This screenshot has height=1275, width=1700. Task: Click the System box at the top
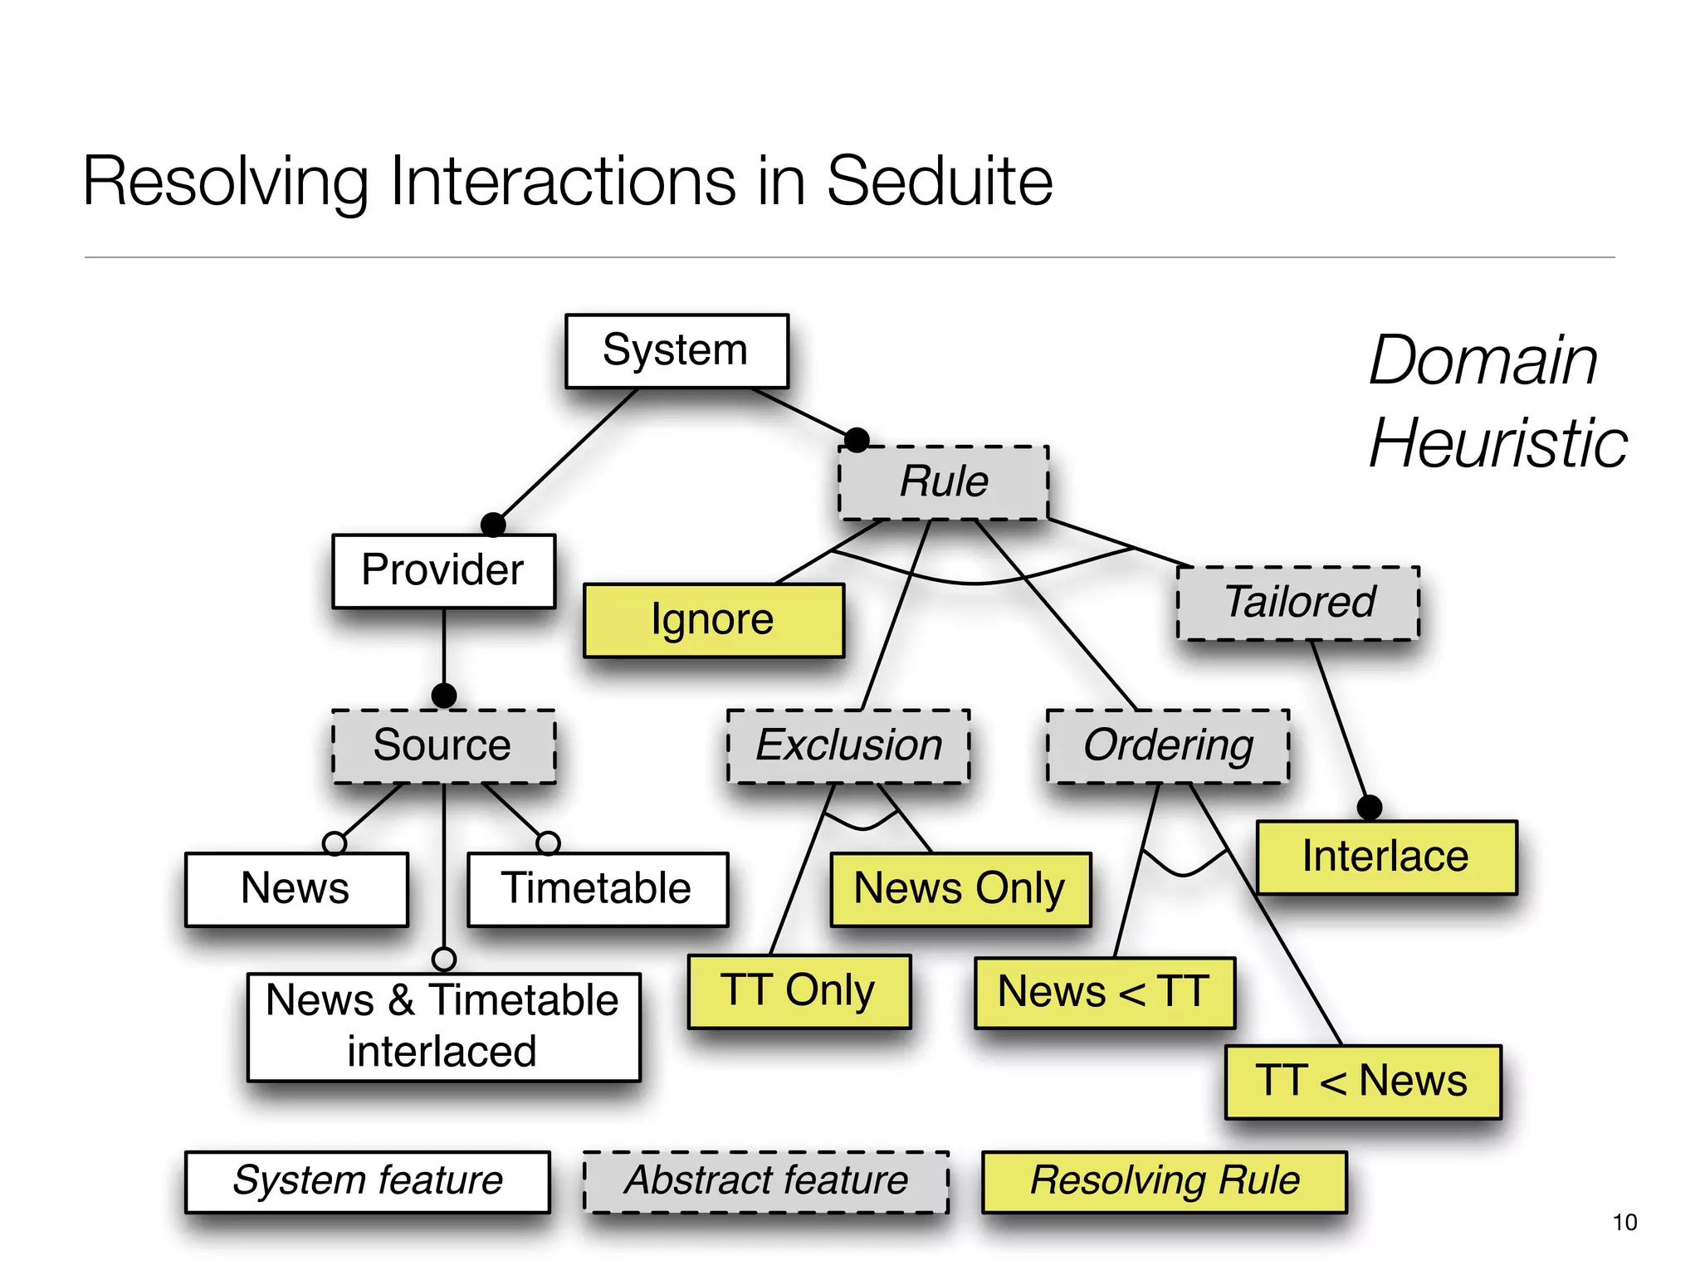coord(677,350)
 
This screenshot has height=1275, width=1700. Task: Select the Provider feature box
coord(443,571)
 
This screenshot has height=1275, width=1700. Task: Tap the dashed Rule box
coord(943,482)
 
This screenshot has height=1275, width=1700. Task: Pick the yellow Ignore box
coord(713,620)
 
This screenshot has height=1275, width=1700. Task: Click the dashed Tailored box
coord(1298,603)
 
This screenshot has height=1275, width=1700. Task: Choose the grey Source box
coord(443,745)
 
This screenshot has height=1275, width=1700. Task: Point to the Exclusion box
coord(848,745)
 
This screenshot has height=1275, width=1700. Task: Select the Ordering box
coord(1168,745)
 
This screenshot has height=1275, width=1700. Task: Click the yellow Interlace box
coord(1386,857)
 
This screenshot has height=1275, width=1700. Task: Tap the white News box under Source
coord(296,889)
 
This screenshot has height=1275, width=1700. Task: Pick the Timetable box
coord(597,889)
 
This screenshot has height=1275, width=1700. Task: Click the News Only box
coord(960,889)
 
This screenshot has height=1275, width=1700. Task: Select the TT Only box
coord(799,991)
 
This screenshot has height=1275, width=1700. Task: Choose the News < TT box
coord(1104,993)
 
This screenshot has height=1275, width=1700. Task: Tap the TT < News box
coord(1362,1082)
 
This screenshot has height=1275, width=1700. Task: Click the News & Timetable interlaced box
coord(443,1027)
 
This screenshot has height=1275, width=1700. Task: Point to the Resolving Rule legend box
coord(1164,1181)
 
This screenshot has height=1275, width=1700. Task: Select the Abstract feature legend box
coord(766,1181)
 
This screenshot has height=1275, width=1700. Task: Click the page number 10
coord(1624,1222)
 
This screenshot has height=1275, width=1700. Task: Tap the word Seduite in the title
coord(939,182)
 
